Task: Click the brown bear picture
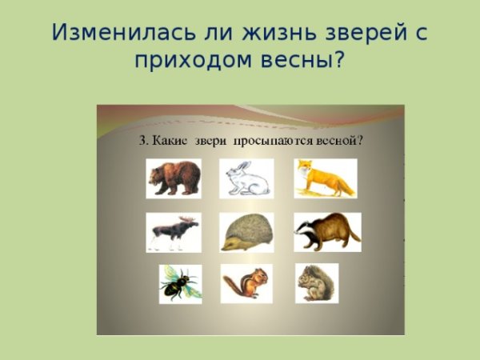point(174,178)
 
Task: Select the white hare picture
point(246,178)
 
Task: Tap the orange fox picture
point(325,178)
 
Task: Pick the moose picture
point(173,232)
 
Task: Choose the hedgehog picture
point(246,232)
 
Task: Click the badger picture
point(326,232)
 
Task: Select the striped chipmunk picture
point(246,284)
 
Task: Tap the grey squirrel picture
point(316,283)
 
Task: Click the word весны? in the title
point(305,61)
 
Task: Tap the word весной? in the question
point(344,141)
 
